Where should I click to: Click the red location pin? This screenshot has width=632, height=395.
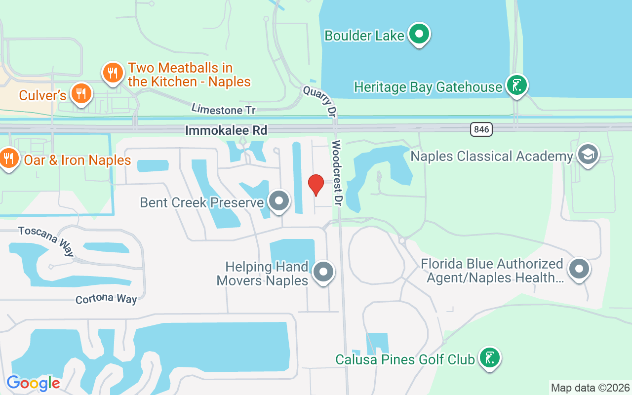[316, 184]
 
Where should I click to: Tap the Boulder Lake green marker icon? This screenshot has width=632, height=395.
[420, 34]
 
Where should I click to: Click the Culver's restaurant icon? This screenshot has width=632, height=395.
[80, 94]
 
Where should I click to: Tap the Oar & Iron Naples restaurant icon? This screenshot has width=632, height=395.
[8, 158]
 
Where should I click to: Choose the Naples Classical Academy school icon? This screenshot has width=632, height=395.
[588, 155]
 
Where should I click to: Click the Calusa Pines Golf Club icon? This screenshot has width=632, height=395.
[489, 357]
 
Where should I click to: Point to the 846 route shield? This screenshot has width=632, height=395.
[481, 129]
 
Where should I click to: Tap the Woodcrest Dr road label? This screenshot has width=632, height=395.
[337, 173]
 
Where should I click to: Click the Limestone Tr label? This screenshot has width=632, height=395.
[217, 109]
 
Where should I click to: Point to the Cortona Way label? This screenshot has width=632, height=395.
[106, 299]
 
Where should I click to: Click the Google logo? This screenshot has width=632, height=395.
[33, 383]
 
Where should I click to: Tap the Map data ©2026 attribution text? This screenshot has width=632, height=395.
[591, 388]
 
